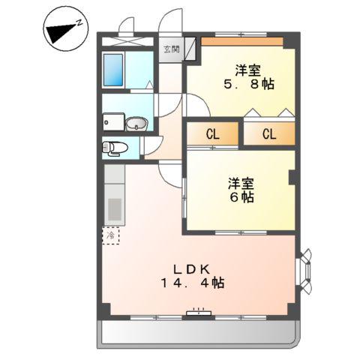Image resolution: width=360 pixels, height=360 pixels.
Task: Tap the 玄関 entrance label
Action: pos(172,50)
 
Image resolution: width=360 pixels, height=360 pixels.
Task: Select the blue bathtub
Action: pos(114,72)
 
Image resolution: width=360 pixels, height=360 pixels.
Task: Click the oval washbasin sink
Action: pos(135,123)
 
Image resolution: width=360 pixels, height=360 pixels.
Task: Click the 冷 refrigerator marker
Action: pos(111,235)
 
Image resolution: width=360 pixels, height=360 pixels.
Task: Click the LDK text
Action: pos(196,268)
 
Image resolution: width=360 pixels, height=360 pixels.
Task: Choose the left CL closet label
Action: pos(213,135)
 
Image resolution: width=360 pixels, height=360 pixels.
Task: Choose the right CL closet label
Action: pos(269,135)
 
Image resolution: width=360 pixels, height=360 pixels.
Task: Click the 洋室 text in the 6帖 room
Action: pos(241,182)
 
